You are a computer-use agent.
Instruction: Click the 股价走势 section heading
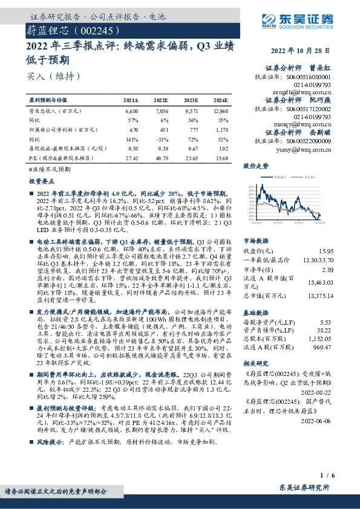(x=257, y=165)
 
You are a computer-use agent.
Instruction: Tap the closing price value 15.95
(x=326, y=250)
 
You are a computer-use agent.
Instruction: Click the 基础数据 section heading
(x=256, y=314)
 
